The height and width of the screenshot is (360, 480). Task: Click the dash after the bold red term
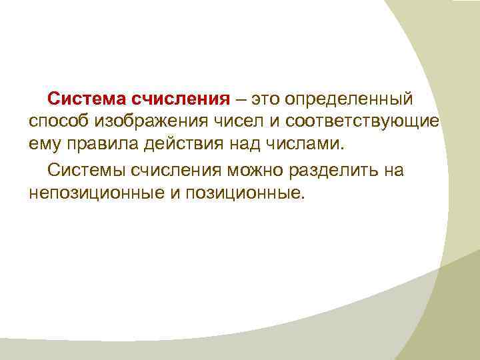(239, 100)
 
